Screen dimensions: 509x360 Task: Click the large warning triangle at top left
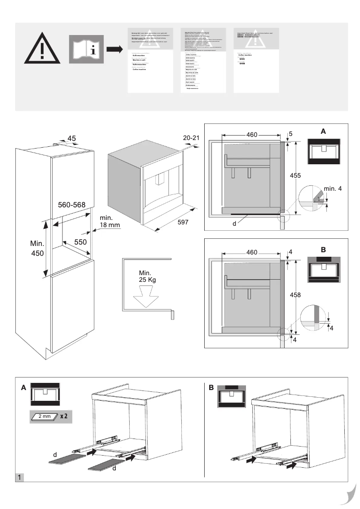41,48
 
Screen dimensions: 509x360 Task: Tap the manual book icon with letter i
87,49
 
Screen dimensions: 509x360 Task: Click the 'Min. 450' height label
37,249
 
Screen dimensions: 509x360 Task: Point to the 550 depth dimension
80,241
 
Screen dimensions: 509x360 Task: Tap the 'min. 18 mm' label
110,221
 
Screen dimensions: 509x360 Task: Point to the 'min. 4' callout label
332,189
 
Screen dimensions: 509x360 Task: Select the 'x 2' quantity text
63,416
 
